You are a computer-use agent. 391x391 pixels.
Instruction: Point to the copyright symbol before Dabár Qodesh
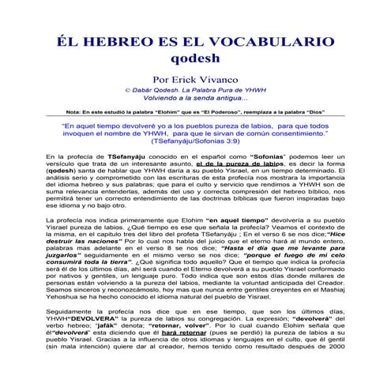tap(125, 91)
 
